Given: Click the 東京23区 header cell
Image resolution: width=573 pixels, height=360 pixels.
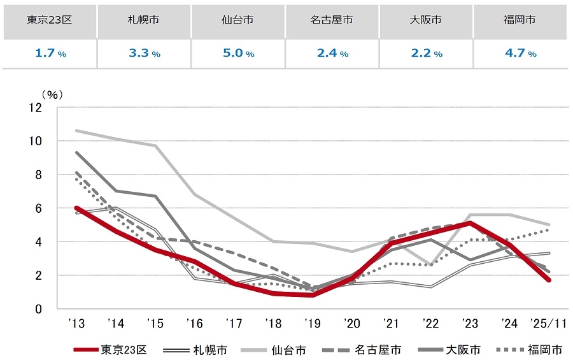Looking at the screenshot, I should tap(49, 20).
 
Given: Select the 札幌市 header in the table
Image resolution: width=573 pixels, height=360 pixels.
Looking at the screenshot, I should tap(143, 20).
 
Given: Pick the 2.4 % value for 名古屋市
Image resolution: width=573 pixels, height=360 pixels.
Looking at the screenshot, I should tap(332, 54).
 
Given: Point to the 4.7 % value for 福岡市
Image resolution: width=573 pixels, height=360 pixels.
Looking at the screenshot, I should tap(520, 54).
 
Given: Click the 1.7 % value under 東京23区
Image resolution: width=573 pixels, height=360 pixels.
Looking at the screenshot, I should tap(49, 54).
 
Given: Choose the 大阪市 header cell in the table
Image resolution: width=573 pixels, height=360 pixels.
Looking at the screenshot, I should tap(426, 20).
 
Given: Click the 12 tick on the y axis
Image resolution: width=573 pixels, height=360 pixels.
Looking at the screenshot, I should tap(35, 108).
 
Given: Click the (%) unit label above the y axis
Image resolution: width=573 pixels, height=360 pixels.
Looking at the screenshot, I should tap(52, 94).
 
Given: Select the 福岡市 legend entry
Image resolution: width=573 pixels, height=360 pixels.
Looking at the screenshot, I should tap(544, 349).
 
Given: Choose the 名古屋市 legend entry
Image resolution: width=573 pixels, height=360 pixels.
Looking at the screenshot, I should tap(382, 349).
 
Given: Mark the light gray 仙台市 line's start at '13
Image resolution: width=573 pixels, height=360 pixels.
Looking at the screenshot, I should tap(77, 131).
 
